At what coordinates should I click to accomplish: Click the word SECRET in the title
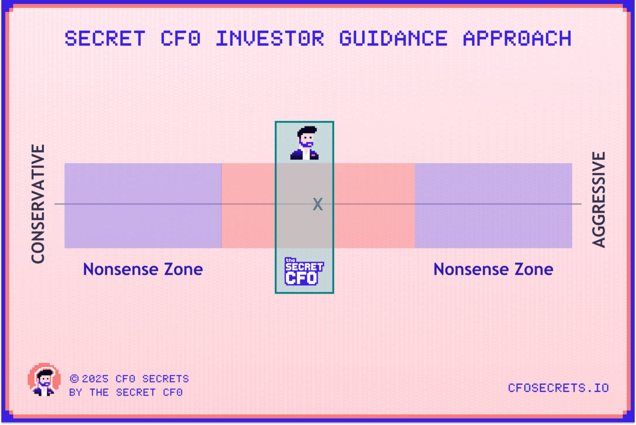click(105, 38)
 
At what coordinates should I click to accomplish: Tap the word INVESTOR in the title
click(270, 38)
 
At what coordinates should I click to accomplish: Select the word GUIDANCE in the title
click(393, 38)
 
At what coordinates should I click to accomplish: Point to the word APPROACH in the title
click(517, 38)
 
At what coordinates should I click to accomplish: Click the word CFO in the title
click(181, 38)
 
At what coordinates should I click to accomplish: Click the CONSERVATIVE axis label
click(38, 204)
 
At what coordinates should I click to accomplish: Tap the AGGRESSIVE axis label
click(599, 200)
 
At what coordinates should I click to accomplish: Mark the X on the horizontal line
click(318, 204)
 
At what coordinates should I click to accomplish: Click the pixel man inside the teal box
click(304, 143)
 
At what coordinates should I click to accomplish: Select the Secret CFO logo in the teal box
click(304, 271)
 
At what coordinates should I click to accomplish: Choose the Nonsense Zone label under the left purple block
click(143, 269)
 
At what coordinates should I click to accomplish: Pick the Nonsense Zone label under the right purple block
click(493, 269)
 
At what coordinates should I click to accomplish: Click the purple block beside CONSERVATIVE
click(143, 205)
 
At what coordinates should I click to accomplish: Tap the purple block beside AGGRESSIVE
click(493, 205)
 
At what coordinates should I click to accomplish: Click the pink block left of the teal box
click(248, 205)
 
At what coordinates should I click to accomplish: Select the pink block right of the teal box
click(374, 205)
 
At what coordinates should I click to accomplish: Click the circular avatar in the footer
click(44, 380)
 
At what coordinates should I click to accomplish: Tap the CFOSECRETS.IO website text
click(558, 388)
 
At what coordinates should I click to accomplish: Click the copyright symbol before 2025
click(74, 379)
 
